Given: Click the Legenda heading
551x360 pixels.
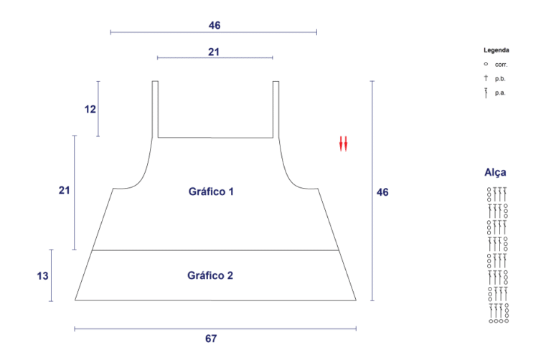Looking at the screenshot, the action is (x=496, y=50).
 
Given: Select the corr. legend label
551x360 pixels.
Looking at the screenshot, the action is (x=501, y=65).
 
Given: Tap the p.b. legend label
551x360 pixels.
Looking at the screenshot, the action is (x=500, y=79).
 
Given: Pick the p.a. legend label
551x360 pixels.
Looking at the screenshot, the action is (x=500, y=93).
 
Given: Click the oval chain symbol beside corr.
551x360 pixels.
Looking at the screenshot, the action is (x=486, y=64).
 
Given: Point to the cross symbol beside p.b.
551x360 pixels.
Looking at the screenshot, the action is (x=486, y=77).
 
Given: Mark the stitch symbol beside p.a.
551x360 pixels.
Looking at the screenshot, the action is (x=486, y=93).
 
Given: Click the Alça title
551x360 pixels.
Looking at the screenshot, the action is (x=495, y=172).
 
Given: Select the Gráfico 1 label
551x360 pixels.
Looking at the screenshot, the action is (x=211, y=191).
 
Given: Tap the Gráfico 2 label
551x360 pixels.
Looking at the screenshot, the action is (x=210, y=275).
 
